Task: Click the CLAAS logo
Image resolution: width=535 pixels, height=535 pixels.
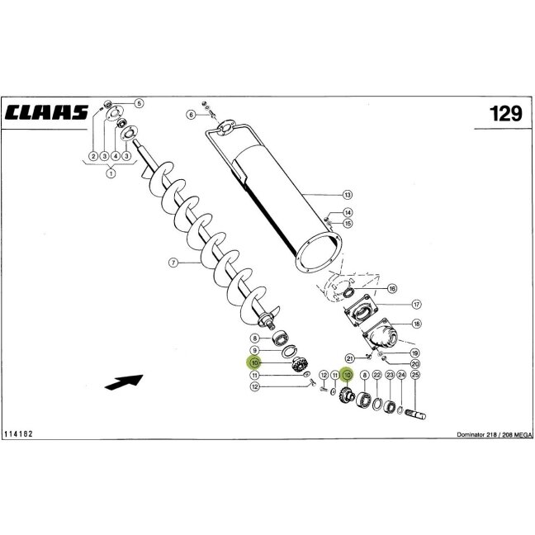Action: click(46, 112)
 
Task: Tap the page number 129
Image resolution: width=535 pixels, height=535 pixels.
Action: click(505, 114)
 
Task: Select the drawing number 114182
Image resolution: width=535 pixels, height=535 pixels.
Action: click(18, 434)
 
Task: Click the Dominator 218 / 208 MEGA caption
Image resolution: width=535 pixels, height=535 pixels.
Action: click(495, 434)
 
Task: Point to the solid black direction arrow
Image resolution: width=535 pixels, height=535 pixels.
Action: click(124, 381)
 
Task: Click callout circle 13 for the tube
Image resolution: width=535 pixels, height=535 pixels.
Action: click(348, 195)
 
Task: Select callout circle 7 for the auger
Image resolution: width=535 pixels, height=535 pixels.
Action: click(173, 263)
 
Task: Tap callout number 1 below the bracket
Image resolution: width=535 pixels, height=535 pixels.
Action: click(111, 173)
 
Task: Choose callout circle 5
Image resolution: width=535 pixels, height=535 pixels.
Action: click(139, 103)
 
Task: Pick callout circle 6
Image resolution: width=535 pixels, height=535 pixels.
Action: click(192, 115)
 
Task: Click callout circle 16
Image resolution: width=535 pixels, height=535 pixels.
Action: click(392, 289)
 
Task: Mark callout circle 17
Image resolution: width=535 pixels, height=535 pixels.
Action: click(416, 304)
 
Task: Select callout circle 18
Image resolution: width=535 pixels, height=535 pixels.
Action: click(416, 324)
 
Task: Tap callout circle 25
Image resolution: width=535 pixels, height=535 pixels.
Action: click(415, 375)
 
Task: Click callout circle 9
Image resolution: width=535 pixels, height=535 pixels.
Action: click(254, 350)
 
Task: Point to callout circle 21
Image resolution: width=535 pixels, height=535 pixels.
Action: click(350, 358)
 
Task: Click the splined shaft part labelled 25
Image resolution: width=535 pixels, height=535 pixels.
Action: click(415, 414)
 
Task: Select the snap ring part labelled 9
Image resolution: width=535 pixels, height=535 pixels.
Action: click(290, 351)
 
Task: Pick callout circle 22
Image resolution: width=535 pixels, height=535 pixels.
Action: click(376, 375)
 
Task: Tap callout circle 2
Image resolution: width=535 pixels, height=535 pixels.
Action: click(93, 156)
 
